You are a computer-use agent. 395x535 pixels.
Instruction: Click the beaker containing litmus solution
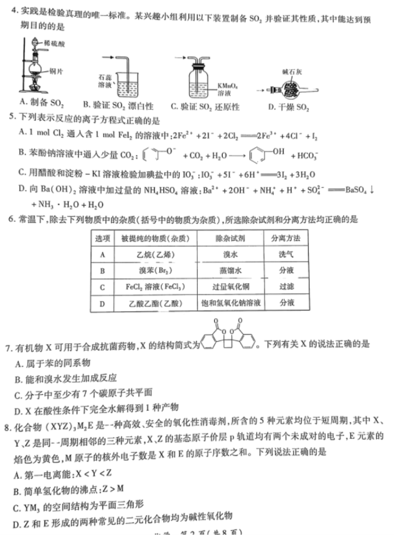[131, 83]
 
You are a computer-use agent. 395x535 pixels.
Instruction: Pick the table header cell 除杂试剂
[230, 238]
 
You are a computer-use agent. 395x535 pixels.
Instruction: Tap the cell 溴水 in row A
[230, 255]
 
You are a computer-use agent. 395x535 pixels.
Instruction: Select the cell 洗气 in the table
[286, 255]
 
